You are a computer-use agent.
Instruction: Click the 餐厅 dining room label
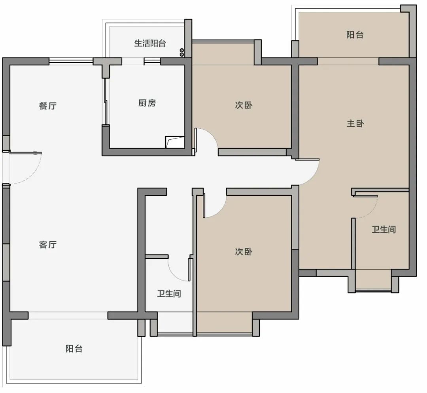[48, 106]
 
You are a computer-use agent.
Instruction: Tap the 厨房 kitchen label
[147, 103]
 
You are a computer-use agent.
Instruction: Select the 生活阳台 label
[150, 43]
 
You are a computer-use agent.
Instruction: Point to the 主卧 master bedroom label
[355, 123]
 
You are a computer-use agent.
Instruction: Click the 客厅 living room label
[48, 245]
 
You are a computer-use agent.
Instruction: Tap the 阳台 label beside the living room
[74, 348]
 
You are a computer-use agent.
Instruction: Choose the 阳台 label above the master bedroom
[355, 34]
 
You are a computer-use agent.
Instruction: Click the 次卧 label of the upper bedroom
[244, 105]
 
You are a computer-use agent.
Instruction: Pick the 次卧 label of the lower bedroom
[244, 251]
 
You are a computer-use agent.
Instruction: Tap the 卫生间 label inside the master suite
[384, 229]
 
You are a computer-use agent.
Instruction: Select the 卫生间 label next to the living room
[169, 294]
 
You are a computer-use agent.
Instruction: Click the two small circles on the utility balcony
[182, 52]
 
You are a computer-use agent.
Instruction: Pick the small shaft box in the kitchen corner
[175, 142]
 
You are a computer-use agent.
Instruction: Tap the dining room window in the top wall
[71, 61]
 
